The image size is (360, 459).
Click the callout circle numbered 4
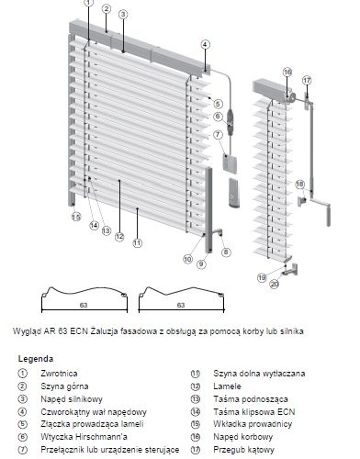(x=206, y=45)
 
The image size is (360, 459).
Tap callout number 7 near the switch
(x=218, y=134)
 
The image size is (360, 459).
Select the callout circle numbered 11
(x=138, y=243)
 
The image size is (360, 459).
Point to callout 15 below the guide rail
(x=76, y=217)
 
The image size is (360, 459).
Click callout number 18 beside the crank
(x=300, y=185)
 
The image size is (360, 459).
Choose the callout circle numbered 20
(x=275, y=285)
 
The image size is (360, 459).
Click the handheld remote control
(x=234, y=192)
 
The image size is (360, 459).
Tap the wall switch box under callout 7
(x=230, y=162)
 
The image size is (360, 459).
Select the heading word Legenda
(x=36, y=359)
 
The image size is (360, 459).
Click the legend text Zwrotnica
(x=59, y=374)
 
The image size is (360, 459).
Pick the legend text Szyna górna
(x=64, y=386)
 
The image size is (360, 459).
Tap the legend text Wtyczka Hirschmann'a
(x=84, y=437)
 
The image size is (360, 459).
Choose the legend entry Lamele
(x=227, y=386)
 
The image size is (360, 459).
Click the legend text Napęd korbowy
(x=243, y=437)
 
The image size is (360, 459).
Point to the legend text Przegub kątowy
(x=244, y=450)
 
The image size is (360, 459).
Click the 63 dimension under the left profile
(x=84, y=305)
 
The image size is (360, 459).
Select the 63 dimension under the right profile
(x=181, y=305)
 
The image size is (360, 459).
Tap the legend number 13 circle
(x=196, y=399)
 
